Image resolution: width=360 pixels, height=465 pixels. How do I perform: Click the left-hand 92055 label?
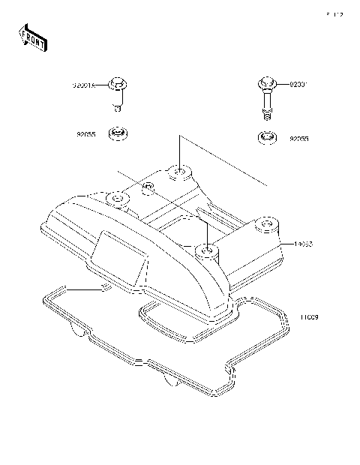[x=85, y=135]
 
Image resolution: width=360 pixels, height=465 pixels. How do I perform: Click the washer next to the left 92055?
[x=118, y=134]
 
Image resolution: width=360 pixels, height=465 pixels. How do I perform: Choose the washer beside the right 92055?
[x=266, y=138]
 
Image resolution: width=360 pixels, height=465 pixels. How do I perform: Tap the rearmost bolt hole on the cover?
[x=180, y=173]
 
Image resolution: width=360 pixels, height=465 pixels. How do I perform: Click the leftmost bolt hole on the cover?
[x=117, y=199]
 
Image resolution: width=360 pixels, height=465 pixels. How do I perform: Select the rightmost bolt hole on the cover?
[x=264, y=223]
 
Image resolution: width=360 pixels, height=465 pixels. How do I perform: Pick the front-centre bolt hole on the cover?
[x=205, y=247]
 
